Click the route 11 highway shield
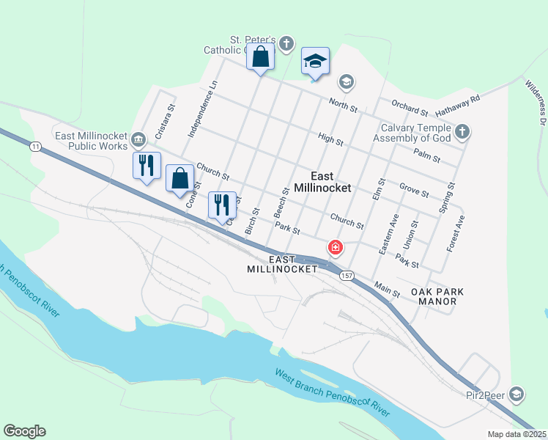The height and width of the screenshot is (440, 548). tap(35, 147)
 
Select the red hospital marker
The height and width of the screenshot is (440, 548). tap(336, 249)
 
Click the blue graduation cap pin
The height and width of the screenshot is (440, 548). tap(315, 62)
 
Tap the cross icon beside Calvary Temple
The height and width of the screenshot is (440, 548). tap(462, 132)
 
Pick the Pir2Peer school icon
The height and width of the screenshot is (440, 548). tap(517, 395)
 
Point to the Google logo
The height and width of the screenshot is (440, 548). tap(24, 431)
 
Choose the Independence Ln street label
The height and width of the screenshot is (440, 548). tap(203, 109)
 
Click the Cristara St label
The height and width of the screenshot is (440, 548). tap(165, 114)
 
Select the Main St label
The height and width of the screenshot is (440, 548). tap(387, 289)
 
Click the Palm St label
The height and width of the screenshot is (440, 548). tap(426, 155)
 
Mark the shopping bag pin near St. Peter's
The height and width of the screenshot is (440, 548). tap(260, 56)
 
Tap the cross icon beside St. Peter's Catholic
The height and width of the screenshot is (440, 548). tap(286, 44)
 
